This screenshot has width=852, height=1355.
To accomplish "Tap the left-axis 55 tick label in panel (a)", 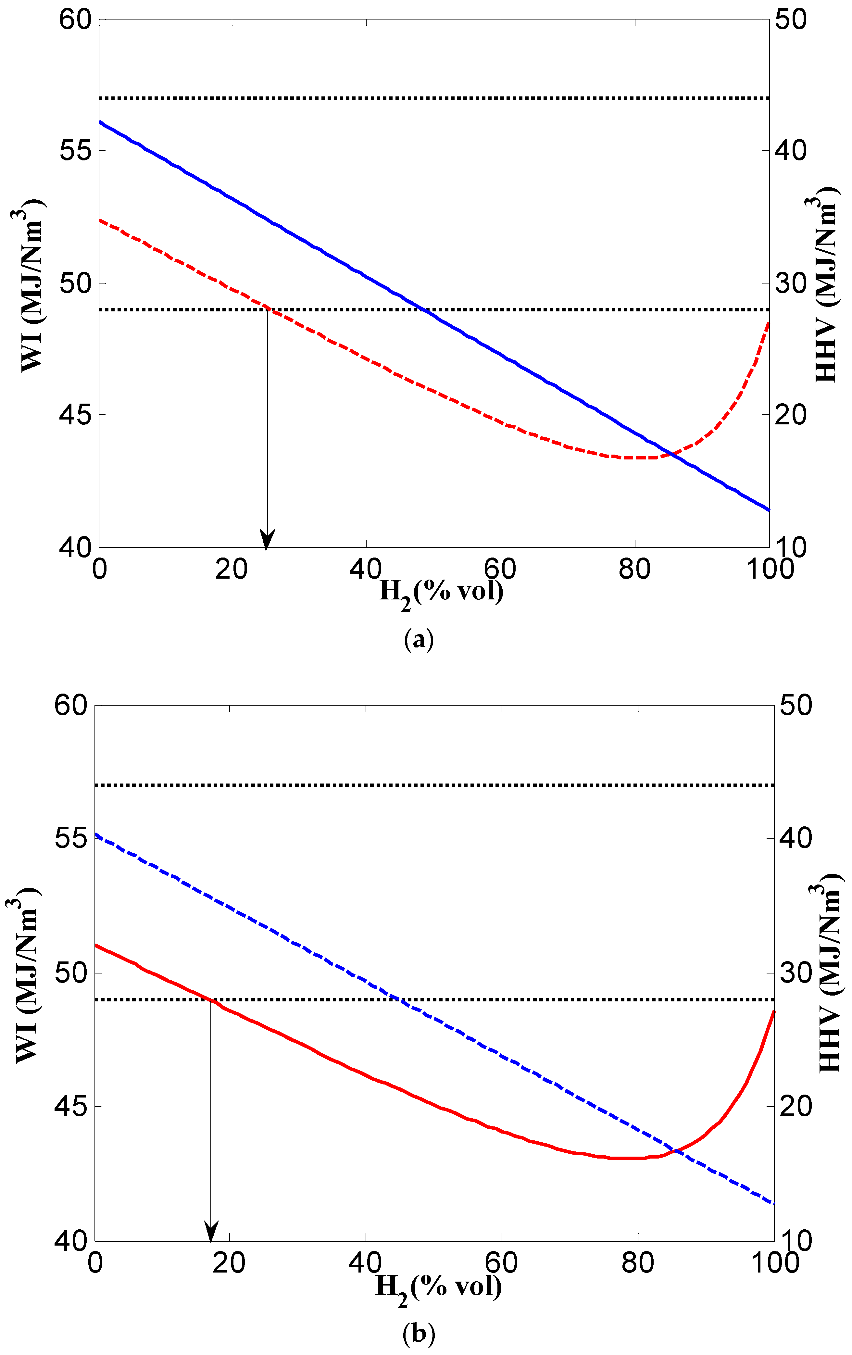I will [75, 151].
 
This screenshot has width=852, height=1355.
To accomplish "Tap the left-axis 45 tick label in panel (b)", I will [71, 1106].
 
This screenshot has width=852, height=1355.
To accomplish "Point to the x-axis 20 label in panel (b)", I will [230, 1263].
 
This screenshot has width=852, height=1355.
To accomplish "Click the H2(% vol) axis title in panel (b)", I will [438, 1286].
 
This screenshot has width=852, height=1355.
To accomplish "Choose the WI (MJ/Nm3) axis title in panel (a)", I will [33, 287].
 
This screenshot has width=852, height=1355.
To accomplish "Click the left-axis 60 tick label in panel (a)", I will [75, 20].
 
